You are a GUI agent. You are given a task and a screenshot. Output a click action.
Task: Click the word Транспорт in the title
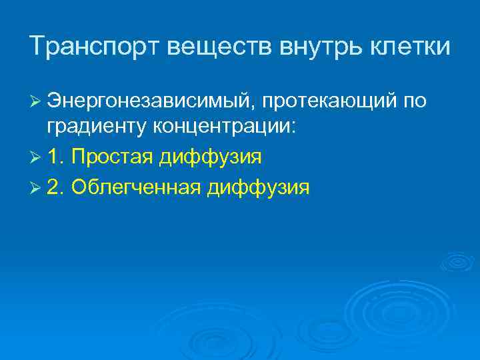pos(93,47)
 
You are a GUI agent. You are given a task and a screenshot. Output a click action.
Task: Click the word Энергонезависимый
pos(150,101)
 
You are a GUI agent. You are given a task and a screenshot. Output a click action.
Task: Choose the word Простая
pos(112,159)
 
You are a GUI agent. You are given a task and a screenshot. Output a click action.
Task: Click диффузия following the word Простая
pos(210,159)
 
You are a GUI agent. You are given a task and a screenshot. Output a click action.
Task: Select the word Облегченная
pos(135,187)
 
